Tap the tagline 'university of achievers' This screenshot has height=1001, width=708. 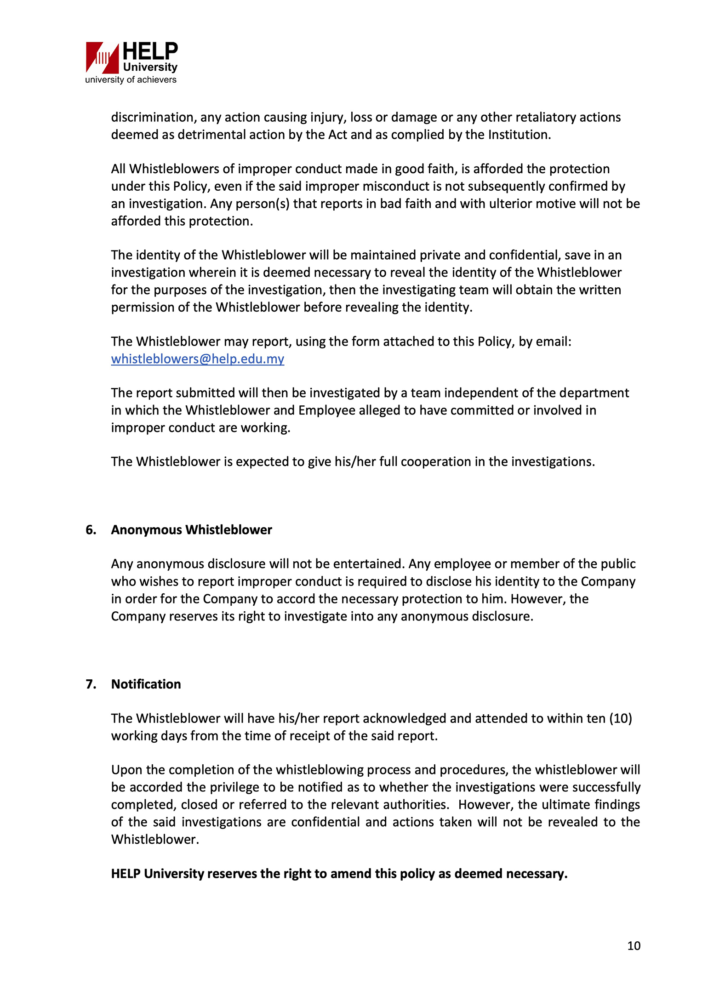click(131, 80)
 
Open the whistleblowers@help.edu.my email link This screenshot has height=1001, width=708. click(198, 359)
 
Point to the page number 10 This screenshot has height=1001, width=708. click(634, 946)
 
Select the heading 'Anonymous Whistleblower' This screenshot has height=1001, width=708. click(191, 530)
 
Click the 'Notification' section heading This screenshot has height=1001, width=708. click(146, 684)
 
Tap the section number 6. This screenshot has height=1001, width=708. click(91, 530)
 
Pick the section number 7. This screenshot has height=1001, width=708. click(91, 684)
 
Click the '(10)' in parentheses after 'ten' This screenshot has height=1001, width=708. click(620, 718)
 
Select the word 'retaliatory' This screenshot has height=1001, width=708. click(545, 117)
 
